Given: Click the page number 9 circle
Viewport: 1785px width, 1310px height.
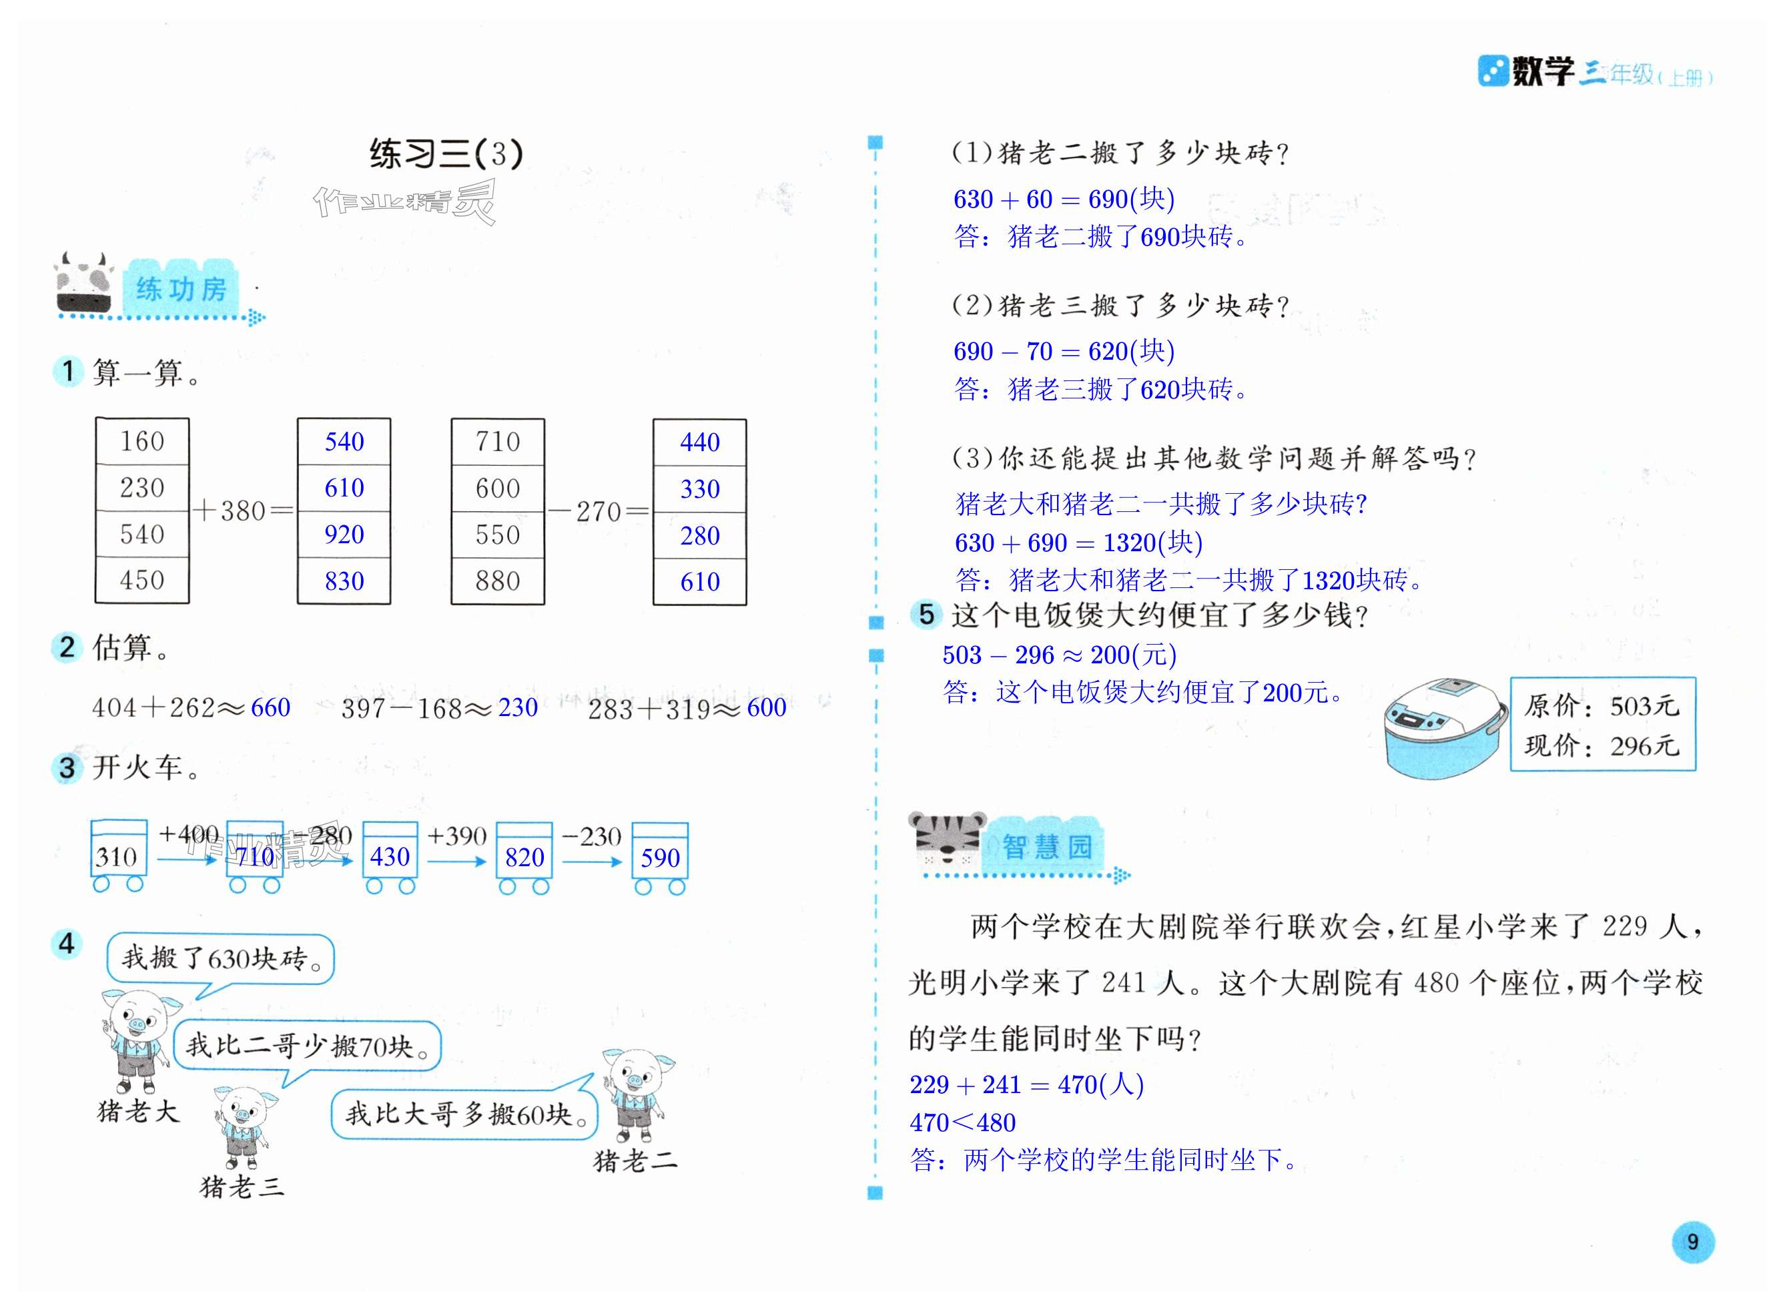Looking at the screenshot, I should (x=1692, y=1242).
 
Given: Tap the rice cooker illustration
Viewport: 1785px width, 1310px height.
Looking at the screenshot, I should (x=1445, y=728).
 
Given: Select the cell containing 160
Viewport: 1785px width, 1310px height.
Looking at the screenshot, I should (x=142, y=441).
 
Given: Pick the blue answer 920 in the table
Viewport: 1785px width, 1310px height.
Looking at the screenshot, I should (x=344, y=535).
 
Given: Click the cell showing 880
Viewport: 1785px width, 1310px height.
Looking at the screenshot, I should (x=497, y=581).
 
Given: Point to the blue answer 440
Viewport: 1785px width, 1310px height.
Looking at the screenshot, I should (x=699, y=442).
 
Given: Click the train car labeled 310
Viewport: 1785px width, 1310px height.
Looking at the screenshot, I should (x=118, y=856).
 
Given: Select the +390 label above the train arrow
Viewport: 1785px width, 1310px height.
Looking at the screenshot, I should (x=456, y=836).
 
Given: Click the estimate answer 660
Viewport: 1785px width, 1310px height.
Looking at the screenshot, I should (x=270, y=707).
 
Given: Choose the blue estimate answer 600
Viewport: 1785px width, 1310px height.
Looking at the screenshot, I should (x=766, y=707).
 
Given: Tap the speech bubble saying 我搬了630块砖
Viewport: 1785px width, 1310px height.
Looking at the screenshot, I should (x=220, y=959).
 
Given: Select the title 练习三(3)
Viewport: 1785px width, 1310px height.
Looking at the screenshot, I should (x=446, y=154).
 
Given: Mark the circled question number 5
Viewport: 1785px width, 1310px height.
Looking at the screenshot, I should (x=926, y=614).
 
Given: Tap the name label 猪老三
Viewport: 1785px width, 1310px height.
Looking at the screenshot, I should (x=241, y=1187).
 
